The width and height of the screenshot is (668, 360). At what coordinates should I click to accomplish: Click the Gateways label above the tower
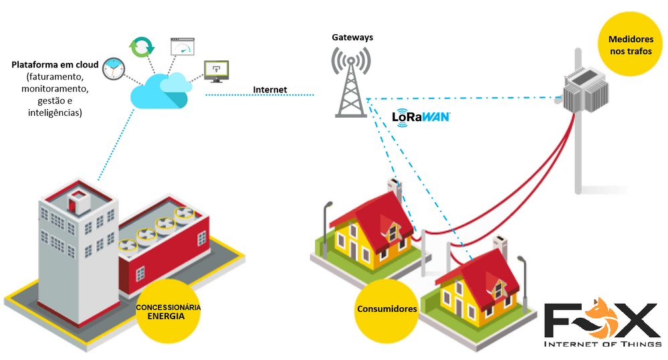352,37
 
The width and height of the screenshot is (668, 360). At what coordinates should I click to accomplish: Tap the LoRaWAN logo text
421,116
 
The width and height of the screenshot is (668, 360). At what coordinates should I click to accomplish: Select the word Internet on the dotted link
269,90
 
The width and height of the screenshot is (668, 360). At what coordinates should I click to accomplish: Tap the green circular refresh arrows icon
142,47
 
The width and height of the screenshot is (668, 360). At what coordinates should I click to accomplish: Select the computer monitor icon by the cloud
216,70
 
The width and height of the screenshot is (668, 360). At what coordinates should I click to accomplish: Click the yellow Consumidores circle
386,309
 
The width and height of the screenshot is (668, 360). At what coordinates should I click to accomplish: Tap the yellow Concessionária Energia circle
168,312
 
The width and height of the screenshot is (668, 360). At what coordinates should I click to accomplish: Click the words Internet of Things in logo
601,345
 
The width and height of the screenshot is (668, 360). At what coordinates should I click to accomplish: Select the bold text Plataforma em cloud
55,65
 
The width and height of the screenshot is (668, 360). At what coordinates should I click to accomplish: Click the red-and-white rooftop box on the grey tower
79,198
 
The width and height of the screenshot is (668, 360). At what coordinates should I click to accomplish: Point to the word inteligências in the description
55,113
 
